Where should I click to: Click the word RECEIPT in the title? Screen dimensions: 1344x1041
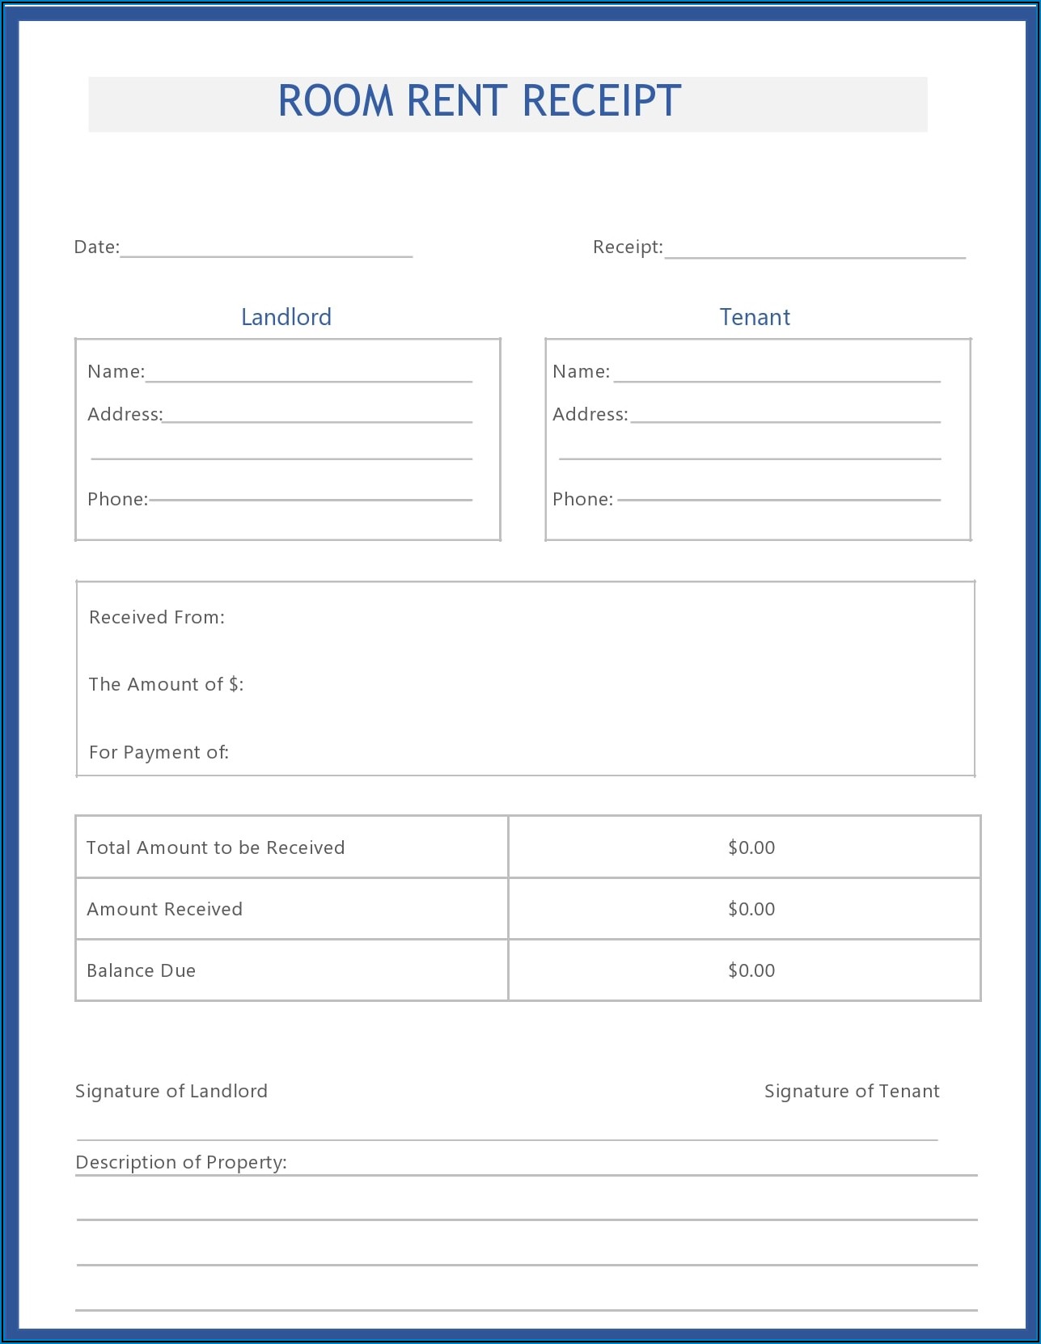[601, 102]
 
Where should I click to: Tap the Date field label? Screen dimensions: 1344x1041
[96, 247]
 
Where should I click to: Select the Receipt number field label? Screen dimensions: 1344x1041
[627, 247]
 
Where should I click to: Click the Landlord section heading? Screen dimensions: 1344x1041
[286, 317]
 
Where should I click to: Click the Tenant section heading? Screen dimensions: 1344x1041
[755, 317]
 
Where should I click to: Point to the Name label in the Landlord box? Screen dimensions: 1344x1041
[116, 372]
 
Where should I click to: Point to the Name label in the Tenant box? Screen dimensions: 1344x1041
[581, 372]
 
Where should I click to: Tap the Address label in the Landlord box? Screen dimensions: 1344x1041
[125, 415]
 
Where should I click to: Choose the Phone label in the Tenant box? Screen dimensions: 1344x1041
[582, 500]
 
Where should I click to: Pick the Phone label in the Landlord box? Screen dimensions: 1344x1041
[117, 500]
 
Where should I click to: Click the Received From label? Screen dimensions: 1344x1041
[157, 618]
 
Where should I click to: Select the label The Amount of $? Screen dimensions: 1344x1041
[166, 685]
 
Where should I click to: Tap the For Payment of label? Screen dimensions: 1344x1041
[159, 753]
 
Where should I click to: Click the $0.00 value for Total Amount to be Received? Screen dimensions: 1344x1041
[751, 847]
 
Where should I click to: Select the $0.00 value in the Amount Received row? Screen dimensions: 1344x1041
[751, 909]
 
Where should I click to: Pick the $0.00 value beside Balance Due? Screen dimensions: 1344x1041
[751, 970]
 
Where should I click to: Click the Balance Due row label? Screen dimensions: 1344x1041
[141, 970]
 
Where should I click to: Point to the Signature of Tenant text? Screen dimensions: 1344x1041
[852, 1092]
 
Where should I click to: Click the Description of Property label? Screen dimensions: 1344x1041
[180, 1163]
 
